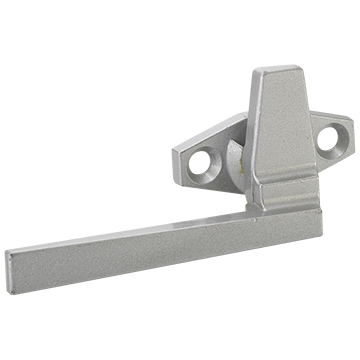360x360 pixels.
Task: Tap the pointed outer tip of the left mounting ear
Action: click(175, 150)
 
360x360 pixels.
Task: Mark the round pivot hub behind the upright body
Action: click(236, 160)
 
